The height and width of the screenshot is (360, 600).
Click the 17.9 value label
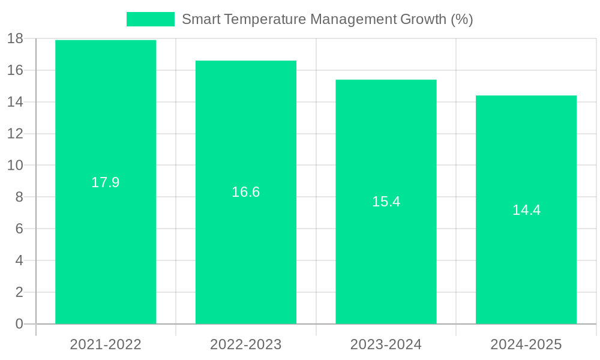click(106, 182)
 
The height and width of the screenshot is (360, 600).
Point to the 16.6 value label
click(246, 192)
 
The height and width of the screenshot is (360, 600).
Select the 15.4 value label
click(386, 202)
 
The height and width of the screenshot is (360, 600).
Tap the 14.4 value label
click(526, 210)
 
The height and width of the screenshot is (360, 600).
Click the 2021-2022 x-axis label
click(106, 344)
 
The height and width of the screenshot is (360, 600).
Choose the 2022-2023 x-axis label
click(246, 344)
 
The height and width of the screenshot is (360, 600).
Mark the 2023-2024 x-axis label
click(386, 344)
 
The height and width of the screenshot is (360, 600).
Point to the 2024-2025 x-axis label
click(526, 344)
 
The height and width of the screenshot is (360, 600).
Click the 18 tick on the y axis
click(15, 39)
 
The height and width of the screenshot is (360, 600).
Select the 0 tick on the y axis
click(19, 324)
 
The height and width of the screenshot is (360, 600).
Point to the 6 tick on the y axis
click(19, 229)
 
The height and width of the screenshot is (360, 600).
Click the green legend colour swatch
click(150, 19)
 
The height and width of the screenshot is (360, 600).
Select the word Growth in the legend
click(423, 19)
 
